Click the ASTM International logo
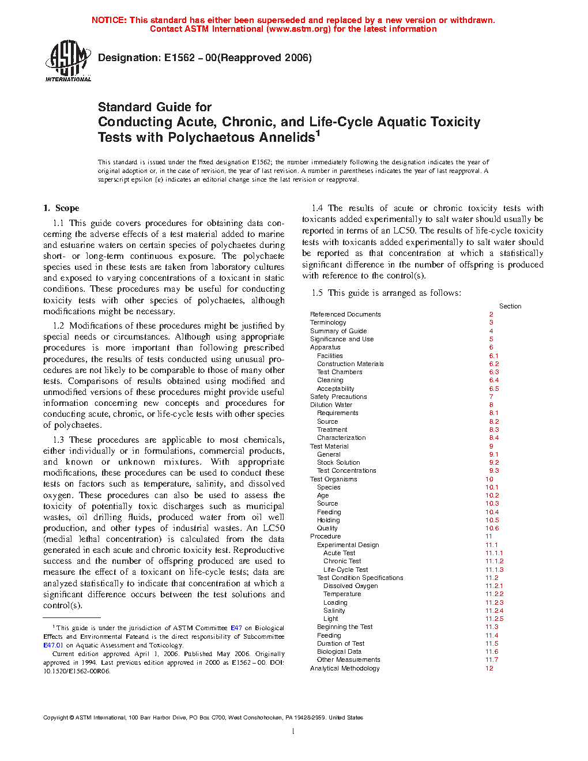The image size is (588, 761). click(x=68, y=61)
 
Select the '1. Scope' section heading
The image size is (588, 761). click(x=61, y=208)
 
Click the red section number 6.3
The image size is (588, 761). click(x=494, y=372)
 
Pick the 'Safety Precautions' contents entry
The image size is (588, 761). click(x=338, y=397)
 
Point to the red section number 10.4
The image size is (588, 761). click(x=492, y=512)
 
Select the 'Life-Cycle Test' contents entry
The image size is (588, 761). click(x=345, y=570)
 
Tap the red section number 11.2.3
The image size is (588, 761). click(x=494, y=602)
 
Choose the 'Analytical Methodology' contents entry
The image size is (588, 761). click(x=345, y=668)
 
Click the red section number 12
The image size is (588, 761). click(x=489, y=668)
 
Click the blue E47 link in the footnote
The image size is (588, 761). click(x=236, y=628)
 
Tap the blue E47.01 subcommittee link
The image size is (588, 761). click(x=53, y=645)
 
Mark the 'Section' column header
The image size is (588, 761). click(x=510, y=306)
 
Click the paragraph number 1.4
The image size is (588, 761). click(x=317, y=208)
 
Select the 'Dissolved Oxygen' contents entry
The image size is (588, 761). click(x=350, y=586)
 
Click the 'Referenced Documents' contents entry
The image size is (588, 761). click(x=345, y=314)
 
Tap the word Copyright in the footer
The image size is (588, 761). click(x=55, y=718)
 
